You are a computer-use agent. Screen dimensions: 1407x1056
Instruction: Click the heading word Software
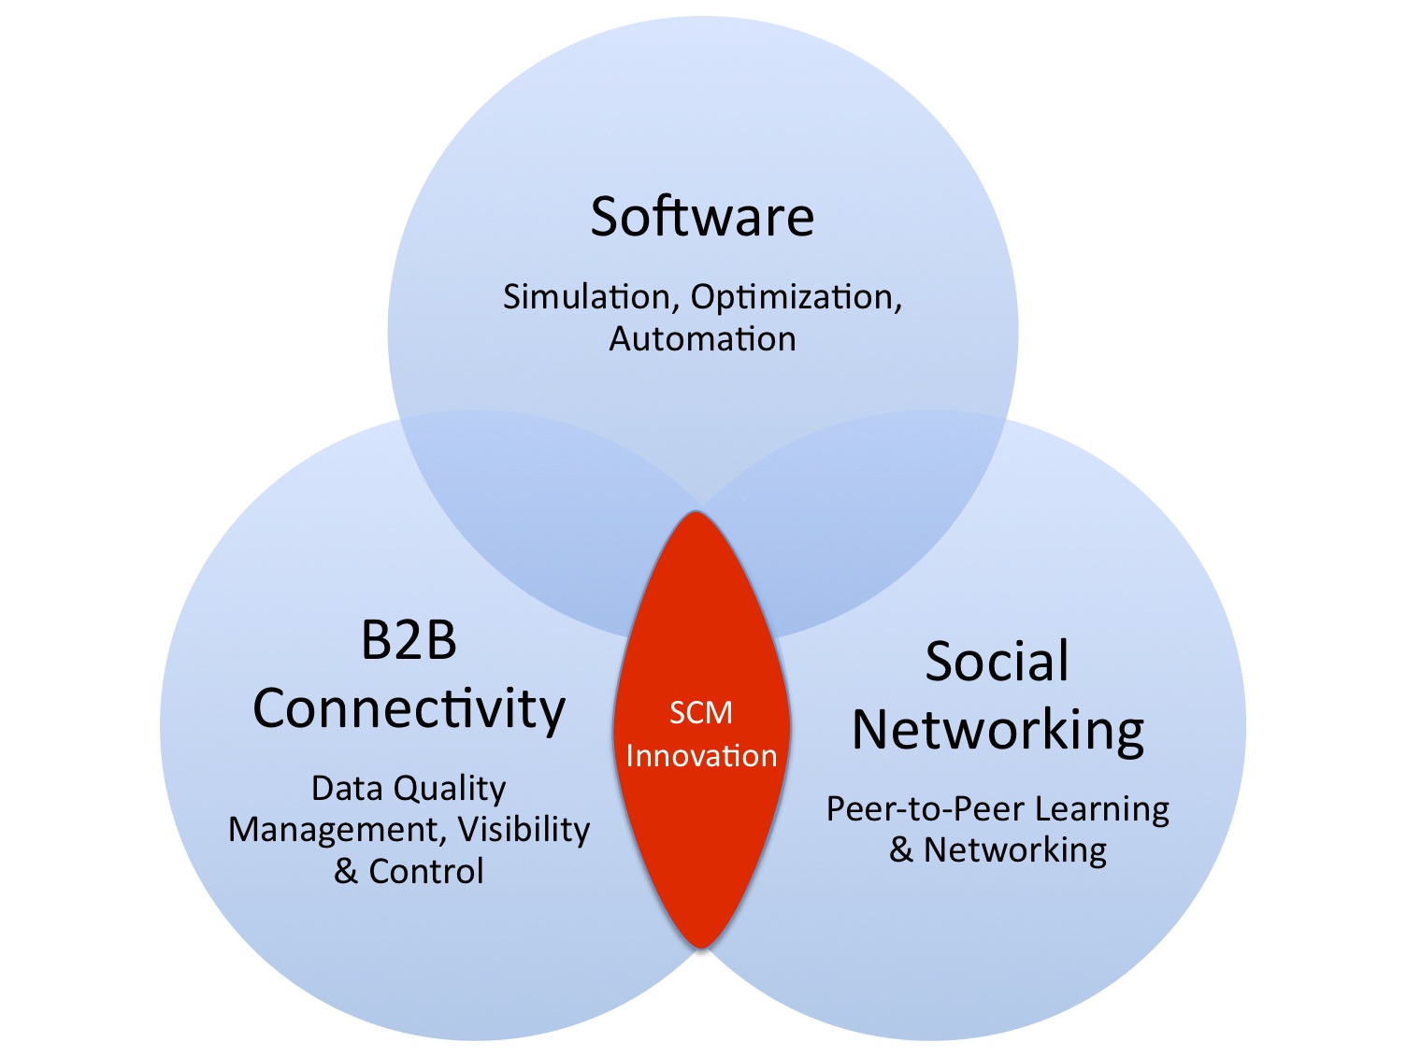click(702, 217)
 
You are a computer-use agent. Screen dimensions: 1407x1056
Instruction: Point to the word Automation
click(702, 338)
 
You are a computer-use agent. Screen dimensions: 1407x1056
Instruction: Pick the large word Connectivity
click(409, 710)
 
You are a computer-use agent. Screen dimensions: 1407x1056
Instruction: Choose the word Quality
click(450, 790)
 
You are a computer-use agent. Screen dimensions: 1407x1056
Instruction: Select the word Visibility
click(524, 830)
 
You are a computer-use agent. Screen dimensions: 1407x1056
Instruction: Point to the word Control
click(426, 872)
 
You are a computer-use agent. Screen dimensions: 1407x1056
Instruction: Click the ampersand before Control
click(346, 872)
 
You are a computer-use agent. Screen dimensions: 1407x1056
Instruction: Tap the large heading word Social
click(998, 661)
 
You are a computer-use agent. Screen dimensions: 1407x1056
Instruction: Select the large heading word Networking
click(998, 732)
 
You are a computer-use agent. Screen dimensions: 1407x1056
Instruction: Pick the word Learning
click(1102, 810)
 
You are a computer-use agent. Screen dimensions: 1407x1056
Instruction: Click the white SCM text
click(701, 712)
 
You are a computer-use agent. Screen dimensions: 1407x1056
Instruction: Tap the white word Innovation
click(702, 756)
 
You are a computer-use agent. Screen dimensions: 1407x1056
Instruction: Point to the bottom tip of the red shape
click(700, 948)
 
